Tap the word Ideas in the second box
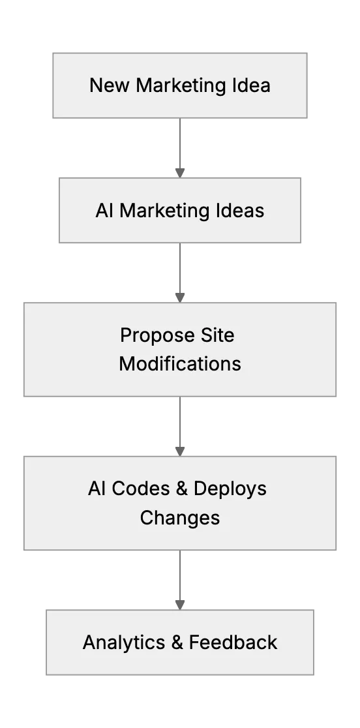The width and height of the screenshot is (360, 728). click(x=240, y=210)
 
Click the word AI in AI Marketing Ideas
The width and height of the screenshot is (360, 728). click(x=104, y=210)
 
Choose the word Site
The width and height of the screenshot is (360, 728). click(x=218, y=335)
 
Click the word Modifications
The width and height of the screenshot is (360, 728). click(x=180, y=363)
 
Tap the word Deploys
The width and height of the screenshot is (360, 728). click(x=230, y=489)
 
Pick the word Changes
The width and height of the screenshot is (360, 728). click(x=180, y=518)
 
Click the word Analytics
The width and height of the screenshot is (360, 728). click(x=124, y=643)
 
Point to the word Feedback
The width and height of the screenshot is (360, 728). click(x=233, y=642)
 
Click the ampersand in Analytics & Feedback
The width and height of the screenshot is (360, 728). click(x=177, y=643)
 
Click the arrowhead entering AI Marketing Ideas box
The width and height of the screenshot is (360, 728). click(x=180, y=173)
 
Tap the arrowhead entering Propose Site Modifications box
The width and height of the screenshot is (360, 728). click(x=180, y=297)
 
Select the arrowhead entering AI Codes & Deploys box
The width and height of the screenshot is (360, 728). click(x=180, y=451)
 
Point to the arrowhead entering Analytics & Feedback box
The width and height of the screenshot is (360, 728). click(x=180, y=605)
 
